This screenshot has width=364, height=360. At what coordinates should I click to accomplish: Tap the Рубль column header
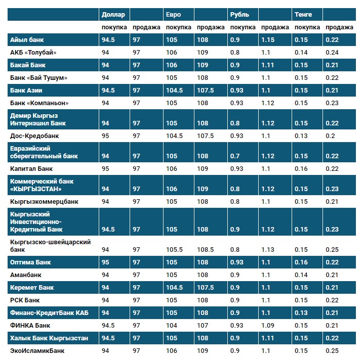[x=239, y=14]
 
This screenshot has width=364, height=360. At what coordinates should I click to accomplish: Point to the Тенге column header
[x=303, y=14]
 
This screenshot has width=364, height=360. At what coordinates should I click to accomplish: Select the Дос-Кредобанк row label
[x=34, y=136]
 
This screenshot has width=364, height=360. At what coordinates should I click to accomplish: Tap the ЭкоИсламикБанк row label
[x=37, y=350]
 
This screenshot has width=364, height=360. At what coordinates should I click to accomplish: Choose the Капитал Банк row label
[x=31, y=168]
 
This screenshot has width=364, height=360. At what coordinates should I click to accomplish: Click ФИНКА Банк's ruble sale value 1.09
[x=268, y=326]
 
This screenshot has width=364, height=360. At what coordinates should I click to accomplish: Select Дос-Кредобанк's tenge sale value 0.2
[x=329, y=136]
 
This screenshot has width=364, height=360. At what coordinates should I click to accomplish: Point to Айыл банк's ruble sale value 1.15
[x=268, y=40]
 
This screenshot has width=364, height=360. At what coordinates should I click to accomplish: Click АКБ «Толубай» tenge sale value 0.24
[x=331, y=52]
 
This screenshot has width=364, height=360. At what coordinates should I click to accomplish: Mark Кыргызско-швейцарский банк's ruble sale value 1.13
[x=268, y=250]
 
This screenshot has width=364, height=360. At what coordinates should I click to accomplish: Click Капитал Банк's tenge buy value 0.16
[x=301, y=168]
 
